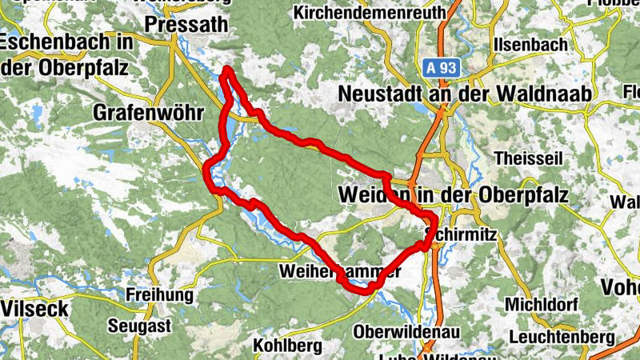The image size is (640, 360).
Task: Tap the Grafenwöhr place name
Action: tap(150, 111)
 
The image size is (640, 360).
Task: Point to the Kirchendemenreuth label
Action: tap(370, 13)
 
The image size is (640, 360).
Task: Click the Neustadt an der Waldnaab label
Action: tap(465, 94)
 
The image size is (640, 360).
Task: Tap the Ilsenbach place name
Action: tap(531, 44)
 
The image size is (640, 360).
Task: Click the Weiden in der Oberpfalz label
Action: tap(454, 194)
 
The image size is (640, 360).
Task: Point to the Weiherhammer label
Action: tap(340, 272)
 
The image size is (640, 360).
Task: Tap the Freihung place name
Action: tap(160, 294)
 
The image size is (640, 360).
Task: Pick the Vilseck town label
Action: tap(34, 308)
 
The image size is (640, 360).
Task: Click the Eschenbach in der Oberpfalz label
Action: tap(66, 55)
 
